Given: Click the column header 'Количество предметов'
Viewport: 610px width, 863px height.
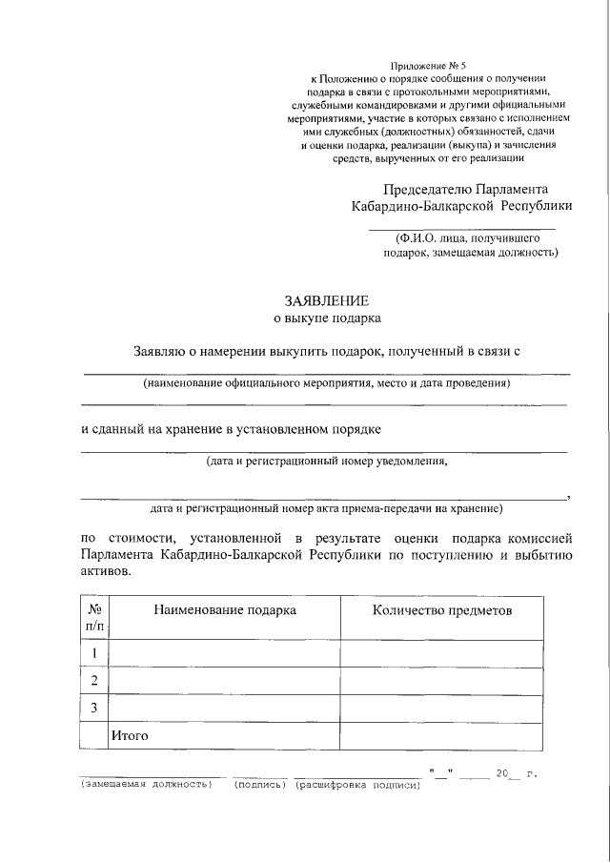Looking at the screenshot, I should (441, 609).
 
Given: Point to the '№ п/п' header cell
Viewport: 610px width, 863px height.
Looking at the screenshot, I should (94, 617).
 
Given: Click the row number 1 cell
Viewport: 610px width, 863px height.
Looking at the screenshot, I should (94, 653).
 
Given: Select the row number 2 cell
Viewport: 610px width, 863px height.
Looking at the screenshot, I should (94, 680).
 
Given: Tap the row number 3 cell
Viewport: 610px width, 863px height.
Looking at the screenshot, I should (94, 708).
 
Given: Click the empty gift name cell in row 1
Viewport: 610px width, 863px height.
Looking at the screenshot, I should (226, 653).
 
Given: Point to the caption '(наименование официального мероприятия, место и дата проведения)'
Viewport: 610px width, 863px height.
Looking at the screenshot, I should (326, 383).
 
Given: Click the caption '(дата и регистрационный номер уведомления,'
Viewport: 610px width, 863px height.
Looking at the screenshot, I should (326, 462).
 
